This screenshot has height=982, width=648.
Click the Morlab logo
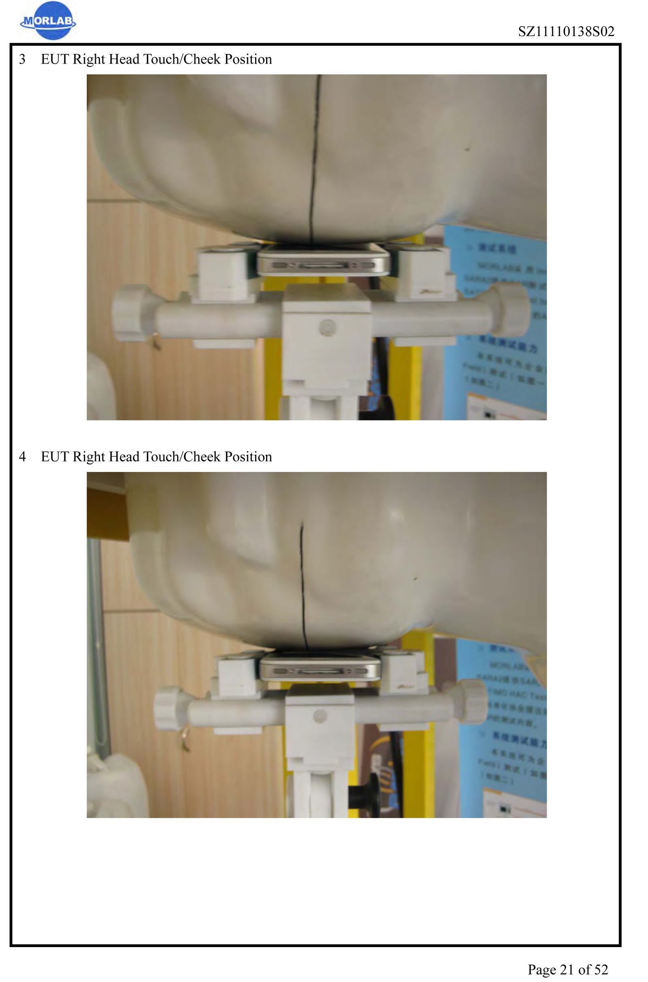[x=47, y=21]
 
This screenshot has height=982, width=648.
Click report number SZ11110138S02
[x=566, y=32]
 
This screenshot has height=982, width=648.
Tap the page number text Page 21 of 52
[x=567, y=969]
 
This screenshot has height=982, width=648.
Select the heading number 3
[x=22, y=59]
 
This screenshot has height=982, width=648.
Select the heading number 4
[x=22, y=457]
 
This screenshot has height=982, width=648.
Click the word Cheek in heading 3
[x=202, y=59]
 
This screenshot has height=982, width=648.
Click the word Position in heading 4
[x=248, y=457]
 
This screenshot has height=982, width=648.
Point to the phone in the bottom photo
[x=320, y=667]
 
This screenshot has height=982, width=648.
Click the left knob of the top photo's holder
[x=131, y=313]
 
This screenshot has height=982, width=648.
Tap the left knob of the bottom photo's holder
[x=168, y=708]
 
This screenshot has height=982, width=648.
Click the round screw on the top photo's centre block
[x=327, y=327]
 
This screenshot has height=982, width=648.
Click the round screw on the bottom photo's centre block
[x=320, y=716]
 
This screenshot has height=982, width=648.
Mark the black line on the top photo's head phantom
[x=315, y=157]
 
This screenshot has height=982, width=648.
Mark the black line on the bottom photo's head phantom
[x=303, y=583]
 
